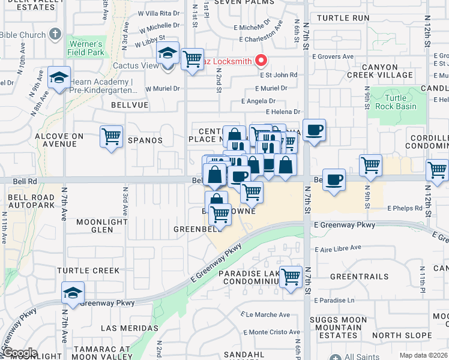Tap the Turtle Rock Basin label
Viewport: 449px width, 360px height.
point(390,102)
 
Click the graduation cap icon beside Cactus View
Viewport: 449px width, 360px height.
point(167,53)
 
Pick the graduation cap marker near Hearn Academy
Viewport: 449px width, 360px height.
point(59,77)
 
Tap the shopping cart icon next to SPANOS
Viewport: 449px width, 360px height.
point(112,137)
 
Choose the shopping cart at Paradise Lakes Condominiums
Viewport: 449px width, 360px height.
point(291,277)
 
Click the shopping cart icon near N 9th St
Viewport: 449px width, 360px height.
point(371,164)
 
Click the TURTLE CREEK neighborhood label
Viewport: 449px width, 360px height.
point(88,271)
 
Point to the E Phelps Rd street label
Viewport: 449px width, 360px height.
point(406,208)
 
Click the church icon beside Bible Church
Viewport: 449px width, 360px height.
point(56,34)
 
